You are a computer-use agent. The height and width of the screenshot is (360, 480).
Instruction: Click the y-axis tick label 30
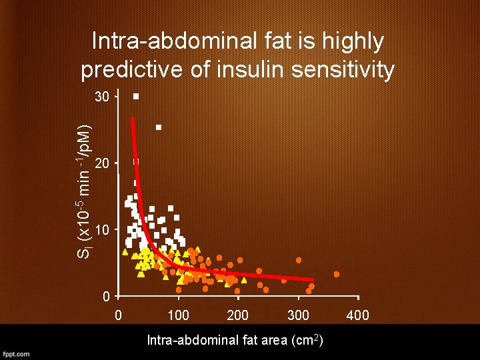[x=102, y=97]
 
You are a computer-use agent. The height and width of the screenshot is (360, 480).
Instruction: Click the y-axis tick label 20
[x=102, y=164]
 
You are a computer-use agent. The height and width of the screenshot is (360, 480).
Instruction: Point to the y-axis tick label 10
[x=102, y=231]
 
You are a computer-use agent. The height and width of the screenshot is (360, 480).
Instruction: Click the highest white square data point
[x=135, y=97]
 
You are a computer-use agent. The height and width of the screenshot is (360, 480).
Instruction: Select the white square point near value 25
[x=159, y=127]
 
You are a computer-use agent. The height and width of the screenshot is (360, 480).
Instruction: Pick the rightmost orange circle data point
[x=337, y=274]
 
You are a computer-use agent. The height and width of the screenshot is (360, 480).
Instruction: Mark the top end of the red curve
[x=132, y=119]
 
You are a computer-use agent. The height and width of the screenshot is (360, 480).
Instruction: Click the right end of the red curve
[x=312, y=280]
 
